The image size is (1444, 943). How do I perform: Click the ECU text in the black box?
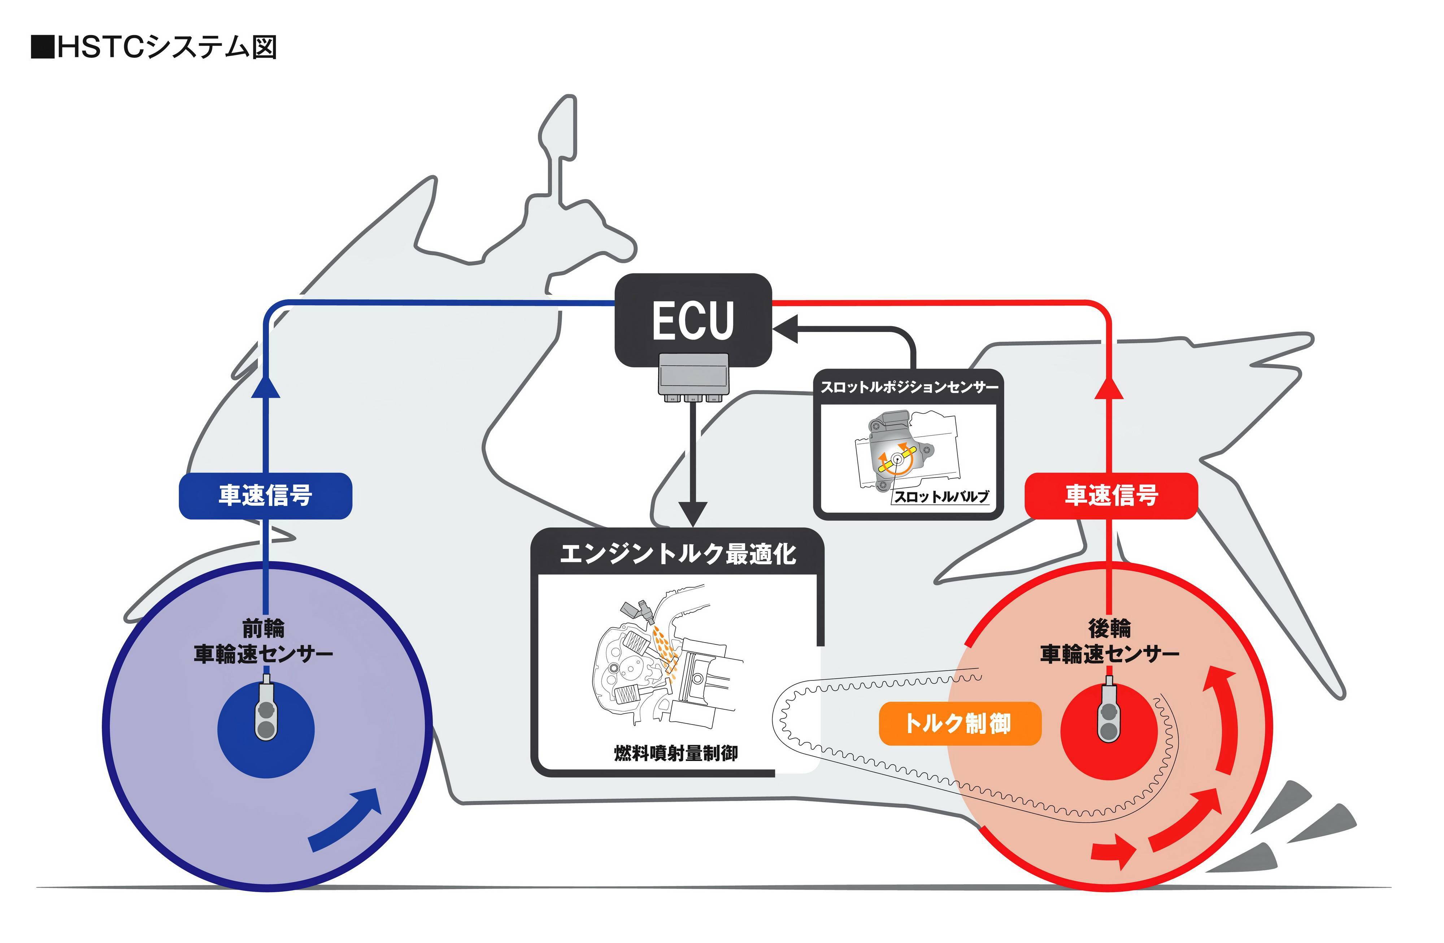(693, 320)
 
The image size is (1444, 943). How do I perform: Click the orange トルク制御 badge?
(959, 723)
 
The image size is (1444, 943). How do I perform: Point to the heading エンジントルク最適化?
(677, 553)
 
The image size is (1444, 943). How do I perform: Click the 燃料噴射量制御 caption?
(676, 753)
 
